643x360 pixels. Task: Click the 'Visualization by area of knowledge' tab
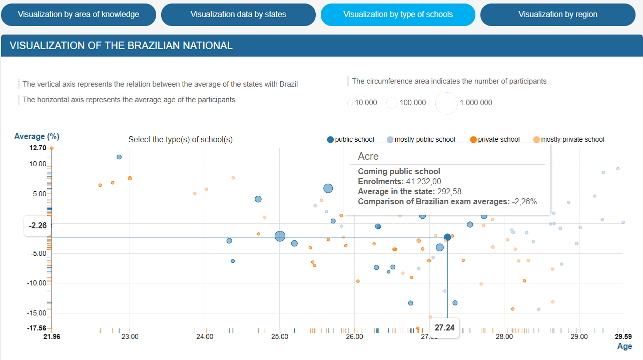pos(79,15)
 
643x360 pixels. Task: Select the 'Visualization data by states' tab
pos(238,15)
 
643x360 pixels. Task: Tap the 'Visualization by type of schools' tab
pos(398,15)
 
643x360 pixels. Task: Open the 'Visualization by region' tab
pos(557,15)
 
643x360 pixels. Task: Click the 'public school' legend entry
pos(350,140)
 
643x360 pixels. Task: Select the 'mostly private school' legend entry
pos(568,140)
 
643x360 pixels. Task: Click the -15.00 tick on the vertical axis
pos(37,313)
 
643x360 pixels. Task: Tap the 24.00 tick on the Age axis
pos(205,336)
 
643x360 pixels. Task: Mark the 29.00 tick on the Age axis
pos(579,336)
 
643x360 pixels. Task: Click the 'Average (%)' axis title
pos(37,136)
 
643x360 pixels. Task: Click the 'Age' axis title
pos(624,346)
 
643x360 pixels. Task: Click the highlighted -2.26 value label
pos(38,226)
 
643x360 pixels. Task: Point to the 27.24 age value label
pos(444,328)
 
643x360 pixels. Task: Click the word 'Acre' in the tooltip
pos(368,156)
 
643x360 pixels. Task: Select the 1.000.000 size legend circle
pos(446,103)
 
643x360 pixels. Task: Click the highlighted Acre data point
pos(447,237)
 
